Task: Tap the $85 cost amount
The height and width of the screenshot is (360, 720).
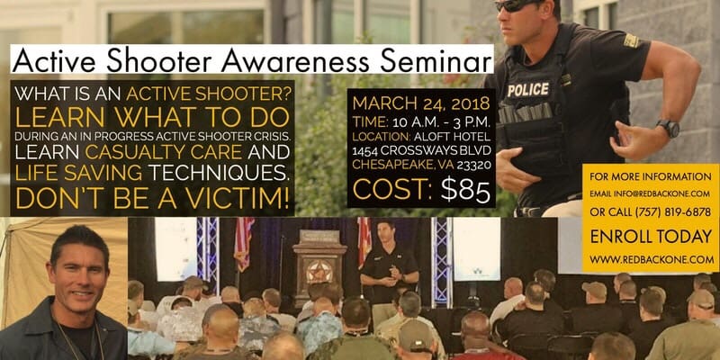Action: click(465, 191)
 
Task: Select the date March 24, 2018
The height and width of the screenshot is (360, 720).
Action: click(420, 103)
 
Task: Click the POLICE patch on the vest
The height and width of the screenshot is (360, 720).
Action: click(528, 89)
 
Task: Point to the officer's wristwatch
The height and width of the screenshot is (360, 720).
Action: click(668, 128)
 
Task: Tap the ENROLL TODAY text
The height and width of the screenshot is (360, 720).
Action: click(651, 237)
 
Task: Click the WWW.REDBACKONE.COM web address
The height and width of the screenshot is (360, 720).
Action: click(652, 259)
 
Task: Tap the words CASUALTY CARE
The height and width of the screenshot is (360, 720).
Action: click(163, 151)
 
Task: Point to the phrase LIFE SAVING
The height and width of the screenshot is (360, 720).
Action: click(78, 173)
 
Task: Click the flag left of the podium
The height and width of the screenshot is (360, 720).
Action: click(244, 243)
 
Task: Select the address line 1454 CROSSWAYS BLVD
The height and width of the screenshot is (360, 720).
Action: click(421, 150)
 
